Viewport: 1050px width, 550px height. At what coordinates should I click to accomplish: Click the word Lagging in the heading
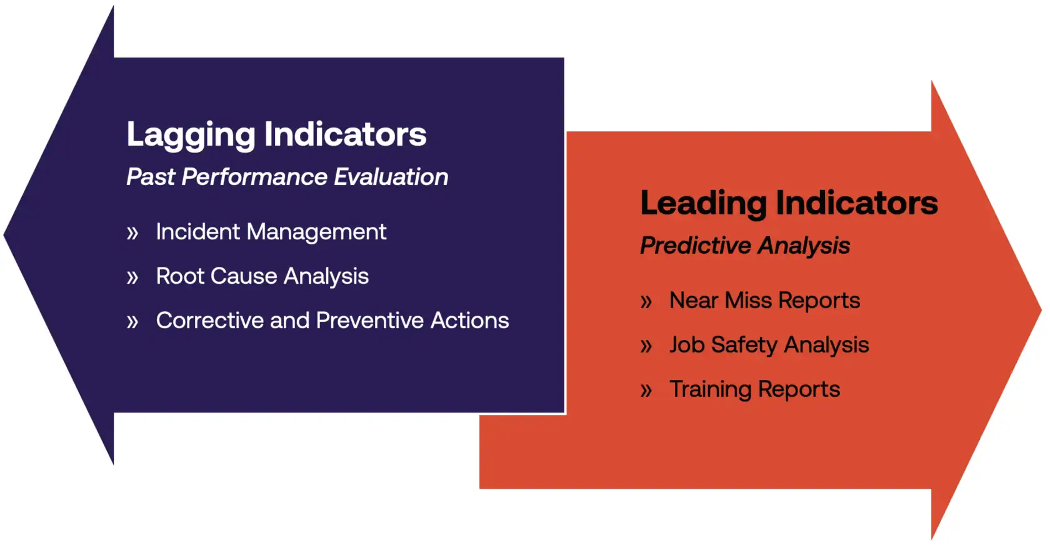191,136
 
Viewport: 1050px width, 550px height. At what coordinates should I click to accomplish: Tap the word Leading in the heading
704,204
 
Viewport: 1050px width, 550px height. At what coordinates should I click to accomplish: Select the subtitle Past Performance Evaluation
287,177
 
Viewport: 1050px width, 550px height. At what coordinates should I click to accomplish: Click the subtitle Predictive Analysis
745,246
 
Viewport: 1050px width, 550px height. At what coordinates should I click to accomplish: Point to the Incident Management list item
271,232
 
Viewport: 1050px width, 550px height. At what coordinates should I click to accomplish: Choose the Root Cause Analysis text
262,276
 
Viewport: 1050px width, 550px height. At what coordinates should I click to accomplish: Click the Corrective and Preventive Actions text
332,321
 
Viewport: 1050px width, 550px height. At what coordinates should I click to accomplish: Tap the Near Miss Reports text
764,301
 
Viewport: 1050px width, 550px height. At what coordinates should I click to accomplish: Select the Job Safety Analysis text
769,345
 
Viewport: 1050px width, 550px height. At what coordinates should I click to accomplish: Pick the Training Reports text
755,389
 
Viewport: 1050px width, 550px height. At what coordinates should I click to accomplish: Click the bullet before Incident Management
132,233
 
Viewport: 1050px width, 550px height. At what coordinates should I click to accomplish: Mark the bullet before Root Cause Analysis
132,277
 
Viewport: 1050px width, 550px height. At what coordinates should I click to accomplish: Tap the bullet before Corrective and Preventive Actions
132,322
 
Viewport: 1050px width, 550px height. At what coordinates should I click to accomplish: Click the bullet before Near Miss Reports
646,302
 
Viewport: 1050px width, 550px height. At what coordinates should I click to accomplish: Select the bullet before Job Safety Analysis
646,346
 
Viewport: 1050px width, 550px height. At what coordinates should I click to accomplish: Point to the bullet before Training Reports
646,391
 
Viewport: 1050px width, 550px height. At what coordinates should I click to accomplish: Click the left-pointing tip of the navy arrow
4,234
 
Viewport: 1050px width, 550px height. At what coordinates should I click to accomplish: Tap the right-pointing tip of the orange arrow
1041,310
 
